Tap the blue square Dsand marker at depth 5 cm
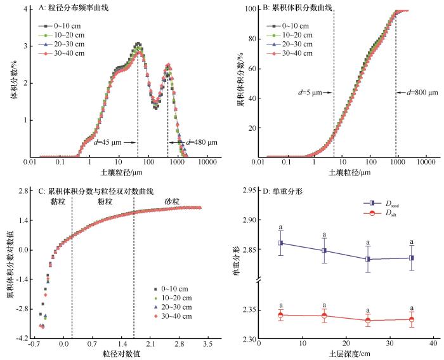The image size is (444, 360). (280, 243)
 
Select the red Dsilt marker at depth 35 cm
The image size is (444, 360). (412, 319)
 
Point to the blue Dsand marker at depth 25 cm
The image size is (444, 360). (368, 259)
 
